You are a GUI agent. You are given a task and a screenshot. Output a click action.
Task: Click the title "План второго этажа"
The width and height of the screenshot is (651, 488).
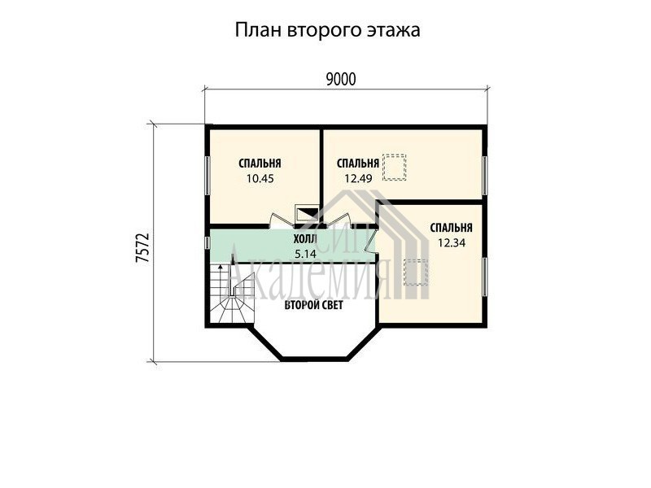coord(328,30)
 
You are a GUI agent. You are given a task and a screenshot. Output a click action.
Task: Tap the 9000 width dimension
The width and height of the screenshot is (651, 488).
coord(341,79)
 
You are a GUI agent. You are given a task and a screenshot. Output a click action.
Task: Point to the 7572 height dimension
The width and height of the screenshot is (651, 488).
coord(142,248)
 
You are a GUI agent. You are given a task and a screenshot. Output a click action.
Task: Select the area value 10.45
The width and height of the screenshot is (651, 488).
coord(260,179)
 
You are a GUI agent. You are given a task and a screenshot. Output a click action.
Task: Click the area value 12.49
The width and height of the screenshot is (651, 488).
coord(358,178)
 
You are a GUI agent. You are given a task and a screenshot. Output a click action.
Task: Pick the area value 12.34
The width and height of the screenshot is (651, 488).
coord(452,242)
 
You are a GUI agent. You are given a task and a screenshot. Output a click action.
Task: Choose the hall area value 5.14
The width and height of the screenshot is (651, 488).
coord(305,254)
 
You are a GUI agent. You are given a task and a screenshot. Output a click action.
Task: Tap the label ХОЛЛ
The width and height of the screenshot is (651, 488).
coord(305,239)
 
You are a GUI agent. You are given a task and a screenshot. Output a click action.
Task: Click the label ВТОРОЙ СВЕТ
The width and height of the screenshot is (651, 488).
coord(314,306)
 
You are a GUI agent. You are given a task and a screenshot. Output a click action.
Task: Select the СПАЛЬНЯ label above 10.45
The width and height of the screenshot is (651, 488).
coord(260,163)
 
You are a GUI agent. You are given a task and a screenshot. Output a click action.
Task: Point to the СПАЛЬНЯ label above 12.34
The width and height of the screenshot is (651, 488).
coord(452,228)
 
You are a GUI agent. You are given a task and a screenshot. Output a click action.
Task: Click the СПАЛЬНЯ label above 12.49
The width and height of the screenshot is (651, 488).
coord(358,163)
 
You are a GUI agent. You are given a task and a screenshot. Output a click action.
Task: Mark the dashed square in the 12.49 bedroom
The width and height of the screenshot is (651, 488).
coord(394,168)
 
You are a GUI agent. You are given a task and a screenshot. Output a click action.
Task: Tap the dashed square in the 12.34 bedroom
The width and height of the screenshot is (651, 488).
coord(417,272)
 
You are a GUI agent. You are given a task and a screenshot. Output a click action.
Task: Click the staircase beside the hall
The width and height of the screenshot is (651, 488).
coord(232,294)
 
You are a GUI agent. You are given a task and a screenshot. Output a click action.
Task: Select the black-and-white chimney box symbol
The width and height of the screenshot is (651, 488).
coord(307,213)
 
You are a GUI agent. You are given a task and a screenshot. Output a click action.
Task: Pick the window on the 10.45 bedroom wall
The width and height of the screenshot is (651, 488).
coord(207,175)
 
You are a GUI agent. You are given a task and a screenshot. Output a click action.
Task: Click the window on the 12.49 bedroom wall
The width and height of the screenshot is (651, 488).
coord(484,175)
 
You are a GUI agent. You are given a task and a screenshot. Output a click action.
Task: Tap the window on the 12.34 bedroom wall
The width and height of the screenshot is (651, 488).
coord(484,277)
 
